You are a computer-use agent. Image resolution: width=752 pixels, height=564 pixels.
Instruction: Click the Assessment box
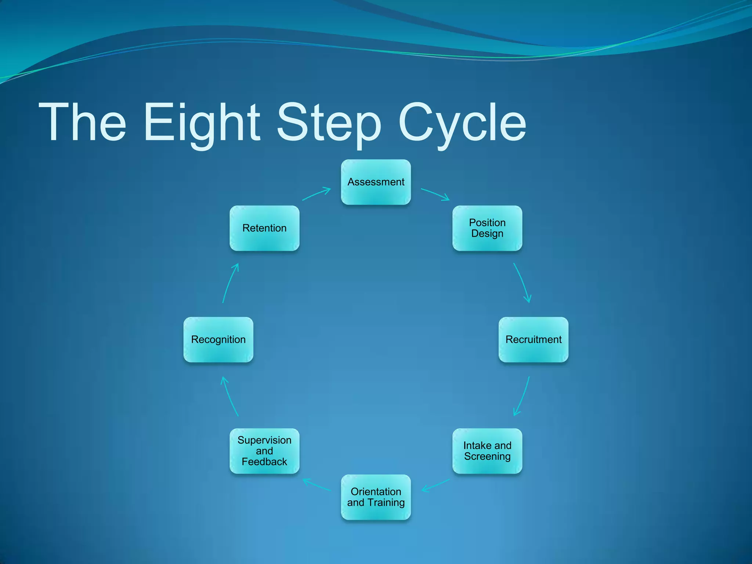(376, 182)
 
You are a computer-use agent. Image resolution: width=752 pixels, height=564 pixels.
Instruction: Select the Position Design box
(487, 228)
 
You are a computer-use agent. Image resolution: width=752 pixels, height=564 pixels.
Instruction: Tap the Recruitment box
(533, 339)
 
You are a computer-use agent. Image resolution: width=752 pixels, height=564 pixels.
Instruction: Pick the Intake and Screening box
(487, 451)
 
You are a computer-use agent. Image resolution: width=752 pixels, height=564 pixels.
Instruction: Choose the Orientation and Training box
(376, 497)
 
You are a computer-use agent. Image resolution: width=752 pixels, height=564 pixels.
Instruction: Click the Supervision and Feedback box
(264, 451)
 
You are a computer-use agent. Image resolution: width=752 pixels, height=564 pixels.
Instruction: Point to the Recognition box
(218, 339)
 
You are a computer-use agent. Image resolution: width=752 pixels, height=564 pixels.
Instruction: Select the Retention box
(264, 228)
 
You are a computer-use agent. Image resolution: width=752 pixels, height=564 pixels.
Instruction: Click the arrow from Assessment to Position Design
(435, 194)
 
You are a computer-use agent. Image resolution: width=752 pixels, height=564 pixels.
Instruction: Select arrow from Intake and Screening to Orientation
(435, 485)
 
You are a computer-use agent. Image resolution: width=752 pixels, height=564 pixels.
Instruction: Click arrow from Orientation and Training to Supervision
(316, 485)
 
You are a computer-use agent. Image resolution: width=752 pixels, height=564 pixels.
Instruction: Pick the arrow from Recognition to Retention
(230, 283)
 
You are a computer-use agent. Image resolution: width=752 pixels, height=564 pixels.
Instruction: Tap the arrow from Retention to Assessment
(316, 194)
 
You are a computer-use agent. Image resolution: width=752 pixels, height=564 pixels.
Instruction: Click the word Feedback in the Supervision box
(264, 462)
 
